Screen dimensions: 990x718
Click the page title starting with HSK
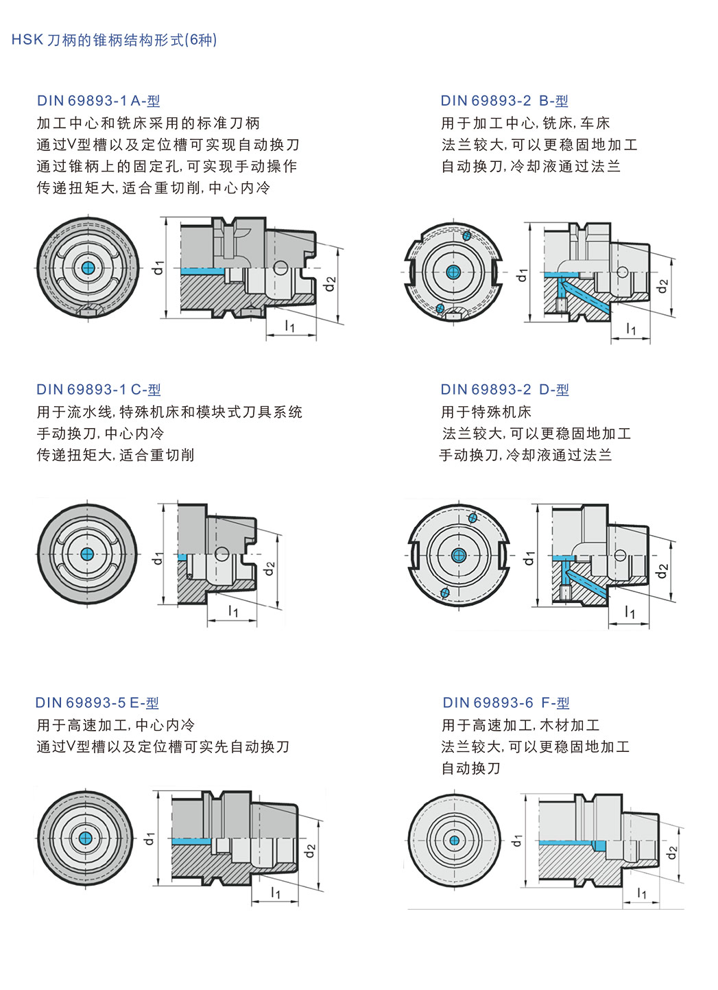tap(114, 40)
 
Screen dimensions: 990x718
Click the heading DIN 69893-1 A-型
tap(99, 101)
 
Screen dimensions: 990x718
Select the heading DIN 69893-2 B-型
tap(504, 101)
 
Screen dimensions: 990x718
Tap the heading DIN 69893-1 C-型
tap(99, 390)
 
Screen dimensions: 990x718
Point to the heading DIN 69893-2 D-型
tap(505, 390)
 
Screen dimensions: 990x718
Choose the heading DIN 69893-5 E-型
tap(97, 703)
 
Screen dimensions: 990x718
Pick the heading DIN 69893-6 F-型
tap(506, 703)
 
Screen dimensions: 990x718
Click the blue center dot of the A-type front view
tap(87, 268)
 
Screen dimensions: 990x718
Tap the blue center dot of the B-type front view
tap(453, 272)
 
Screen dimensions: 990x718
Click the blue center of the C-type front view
tap(87, 554)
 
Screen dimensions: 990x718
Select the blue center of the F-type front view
tap(454, 840)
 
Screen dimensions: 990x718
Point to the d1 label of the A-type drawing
tap(158, 268)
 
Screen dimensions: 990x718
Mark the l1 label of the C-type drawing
tap(233, 611)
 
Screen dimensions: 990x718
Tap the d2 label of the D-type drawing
tap(662, 570)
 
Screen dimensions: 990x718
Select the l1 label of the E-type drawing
tap(276, 892)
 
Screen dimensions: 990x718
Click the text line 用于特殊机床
tap(486, 412)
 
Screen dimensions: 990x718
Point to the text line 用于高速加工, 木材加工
tap(520, 724)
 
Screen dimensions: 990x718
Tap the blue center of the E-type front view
tap(85, 838)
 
